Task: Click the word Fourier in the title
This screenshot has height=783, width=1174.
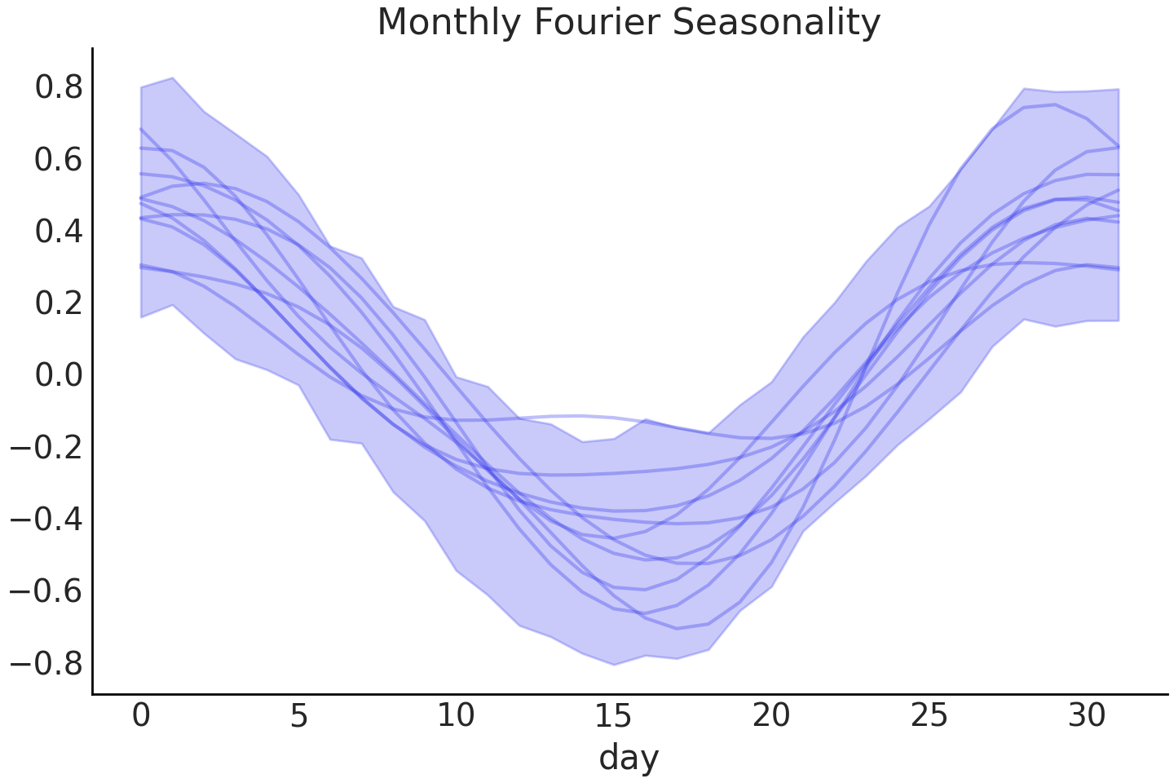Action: [x=597, y=23]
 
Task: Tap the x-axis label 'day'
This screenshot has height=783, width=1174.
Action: [x=629, y=758]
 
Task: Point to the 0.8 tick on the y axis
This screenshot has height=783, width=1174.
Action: [x=59, y=87]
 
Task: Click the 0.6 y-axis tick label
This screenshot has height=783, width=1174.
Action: [x=59, y=159]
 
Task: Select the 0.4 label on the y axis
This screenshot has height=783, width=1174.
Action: [x=59, y=232]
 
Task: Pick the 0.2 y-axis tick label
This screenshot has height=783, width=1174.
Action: [x=59, y=303]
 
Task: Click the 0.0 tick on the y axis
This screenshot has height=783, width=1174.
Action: [x=59, y=375]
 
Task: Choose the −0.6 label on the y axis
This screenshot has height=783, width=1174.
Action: [x=46, y=591]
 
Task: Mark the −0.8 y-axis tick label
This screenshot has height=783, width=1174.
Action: [x=46, y=663]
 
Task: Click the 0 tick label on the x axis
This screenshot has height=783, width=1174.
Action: [x=141, y=716]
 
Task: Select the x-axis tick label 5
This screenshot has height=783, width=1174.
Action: [x=298, y=716]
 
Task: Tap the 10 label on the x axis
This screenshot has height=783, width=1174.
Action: [x=456, y=716]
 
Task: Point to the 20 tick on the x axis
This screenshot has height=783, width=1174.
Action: [x=771, y=716]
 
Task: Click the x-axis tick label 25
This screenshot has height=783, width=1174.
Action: [x=929, y=716]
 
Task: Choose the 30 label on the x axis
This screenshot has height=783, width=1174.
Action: [x=1086, y=716]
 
